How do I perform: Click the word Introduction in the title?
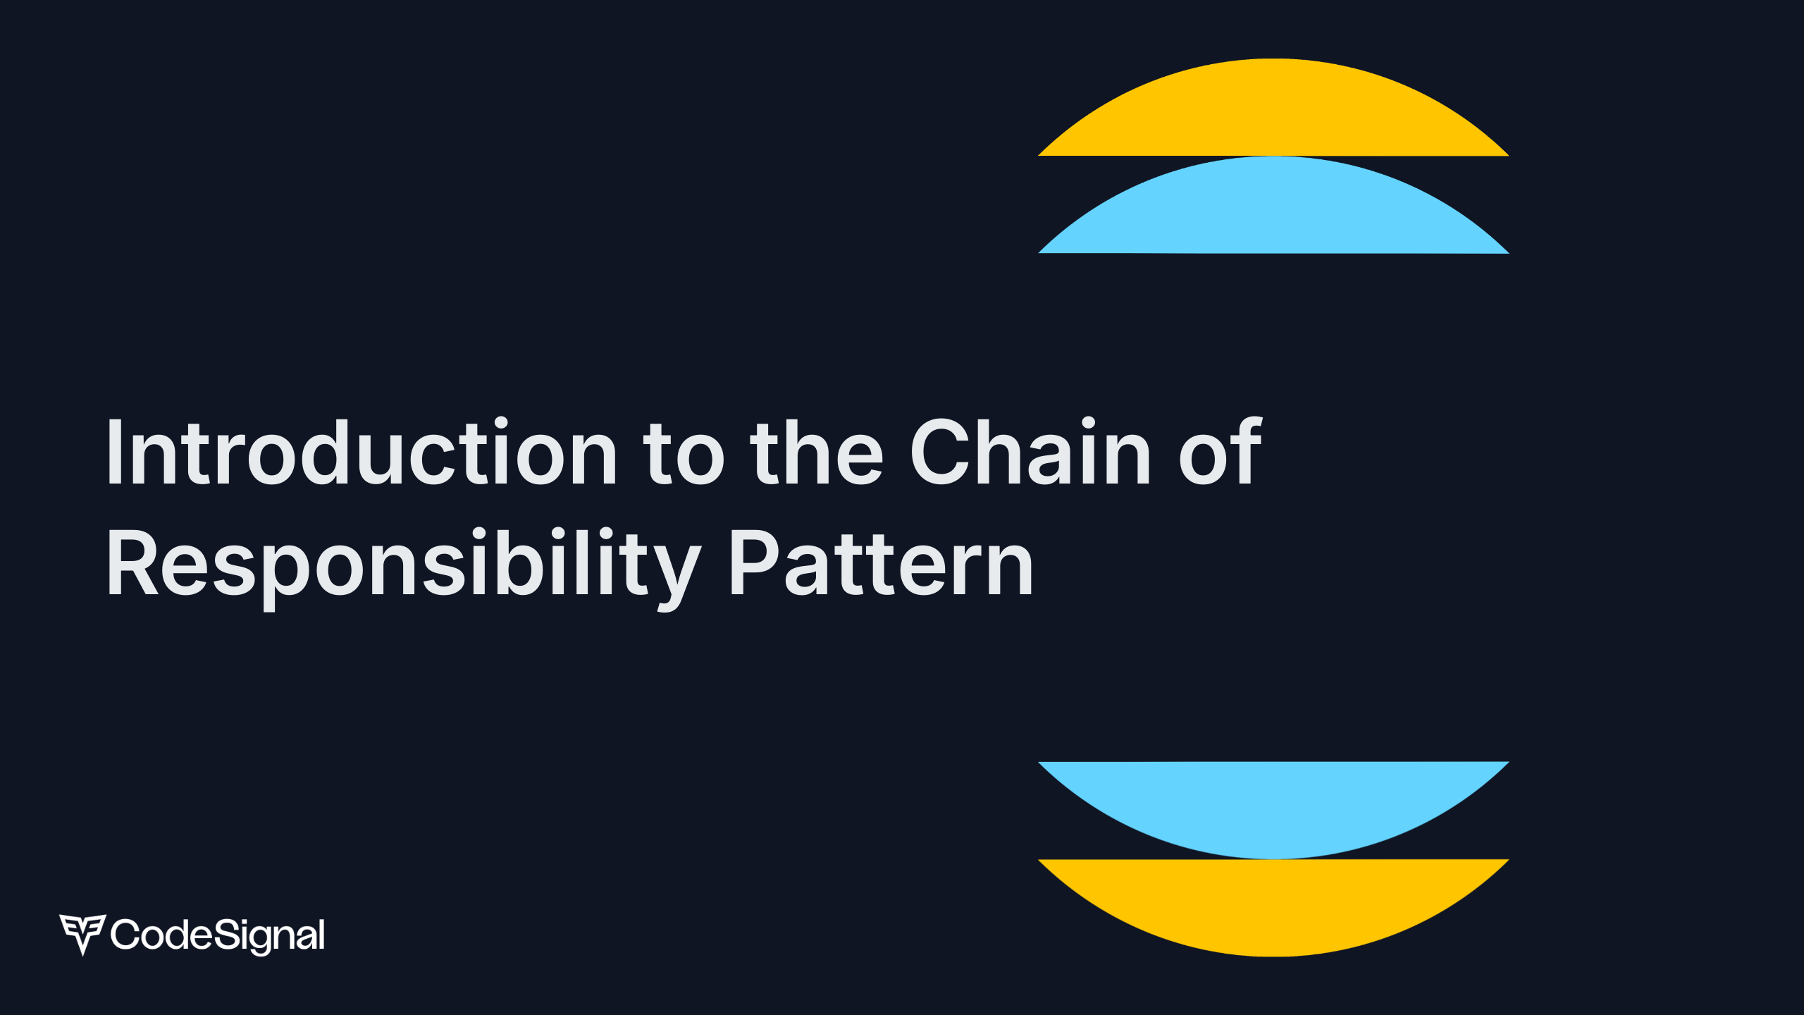coord(362,453)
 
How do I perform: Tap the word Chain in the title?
coord(1030,453)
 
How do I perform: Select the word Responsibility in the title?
coord(403,564)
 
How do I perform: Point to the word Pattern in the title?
coord(881,564)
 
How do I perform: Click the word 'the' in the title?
coord(816,453)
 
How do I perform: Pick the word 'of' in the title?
coord(1221,453)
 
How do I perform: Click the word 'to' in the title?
coord(684,453)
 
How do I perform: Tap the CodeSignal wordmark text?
coord(218,935)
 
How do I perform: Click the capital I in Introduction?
coord(115,453)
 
